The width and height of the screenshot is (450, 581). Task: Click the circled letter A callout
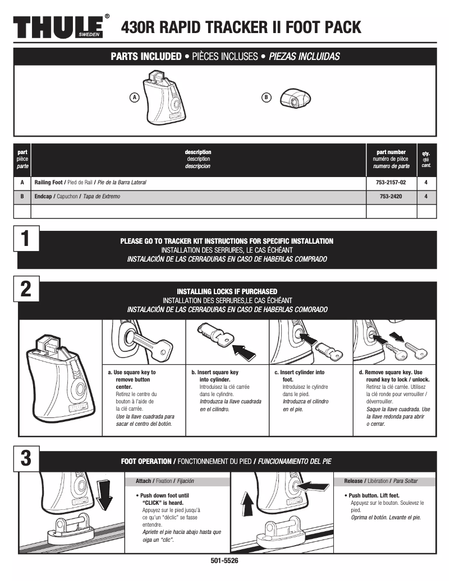pyautogui.click(x=134, y=97)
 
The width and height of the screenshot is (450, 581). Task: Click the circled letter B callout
pyautogui.click(x=266, y=97)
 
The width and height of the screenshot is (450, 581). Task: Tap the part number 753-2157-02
pyautogui.click(x=391, y=183)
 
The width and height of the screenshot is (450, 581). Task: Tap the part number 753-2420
pyautogui.click(x=391, y=197)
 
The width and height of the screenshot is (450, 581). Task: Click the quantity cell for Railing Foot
pyautogui.click(x=426, y=183)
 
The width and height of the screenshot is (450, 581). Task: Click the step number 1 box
pyautogui.click(x=26, y=238)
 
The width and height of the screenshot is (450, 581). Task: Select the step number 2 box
pyautogui.click(x=26, y=289)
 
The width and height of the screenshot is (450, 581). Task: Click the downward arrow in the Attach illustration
pyautogui.click(x=105, y=495)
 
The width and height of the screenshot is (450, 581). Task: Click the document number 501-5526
pyautogui.click(x=224, y=560)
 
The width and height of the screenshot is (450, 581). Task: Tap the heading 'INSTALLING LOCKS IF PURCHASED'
pyautogui.click(x=227, y=291)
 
